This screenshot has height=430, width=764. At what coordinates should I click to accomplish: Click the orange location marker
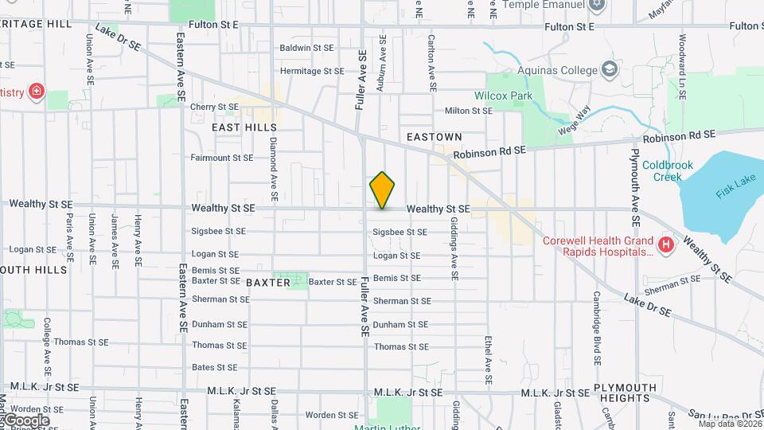coord(382,190)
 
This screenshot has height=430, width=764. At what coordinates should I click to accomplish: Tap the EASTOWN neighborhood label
coord(435,138)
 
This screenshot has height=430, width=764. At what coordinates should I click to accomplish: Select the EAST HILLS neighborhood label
coord(244,127)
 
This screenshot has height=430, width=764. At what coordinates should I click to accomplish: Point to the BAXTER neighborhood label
coord(268,283)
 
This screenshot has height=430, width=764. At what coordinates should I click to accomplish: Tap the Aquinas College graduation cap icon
coord(610,69)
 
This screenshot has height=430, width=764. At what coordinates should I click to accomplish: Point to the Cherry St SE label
coord(209,107)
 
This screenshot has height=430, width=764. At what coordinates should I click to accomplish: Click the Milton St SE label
coord(469,111)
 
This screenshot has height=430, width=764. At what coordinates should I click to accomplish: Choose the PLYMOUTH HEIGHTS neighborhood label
coord(626,393)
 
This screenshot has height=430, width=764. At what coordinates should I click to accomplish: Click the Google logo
coord(25,420)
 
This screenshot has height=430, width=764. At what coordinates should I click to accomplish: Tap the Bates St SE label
coord(215,367)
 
